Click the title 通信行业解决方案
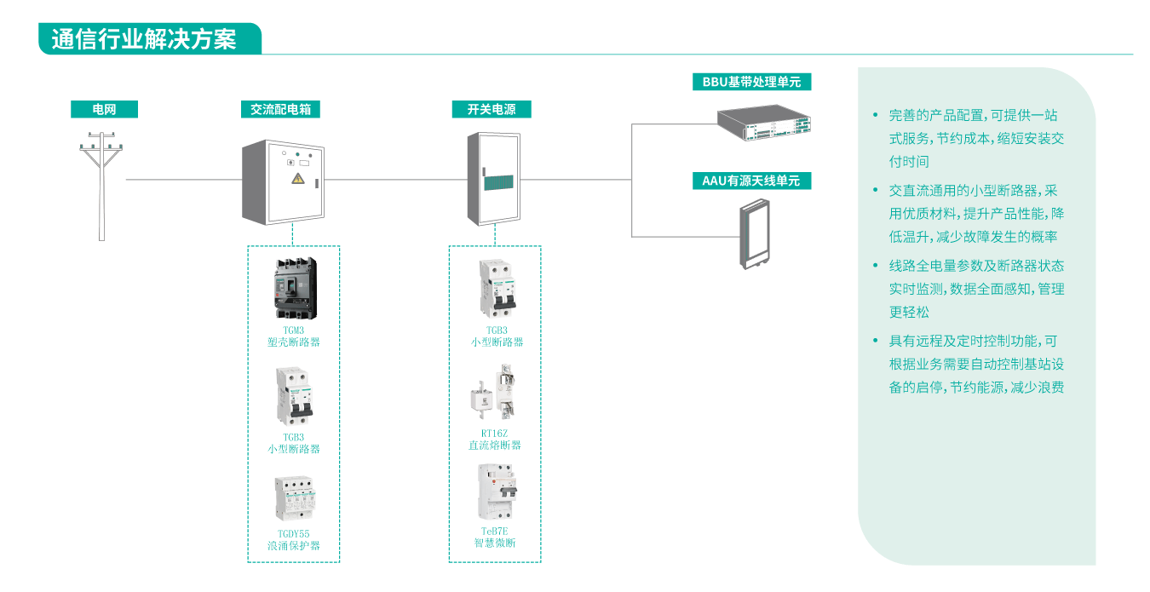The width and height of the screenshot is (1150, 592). (x=144, y=39)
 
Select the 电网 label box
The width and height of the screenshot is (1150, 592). (x=104, y=109)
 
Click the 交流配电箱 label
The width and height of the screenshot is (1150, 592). (x=280, y=109)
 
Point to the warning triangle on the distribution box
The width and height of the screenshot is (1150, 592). (x=297, y=177)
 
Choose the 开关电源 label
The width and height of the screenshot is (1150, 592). (x=491, y=109)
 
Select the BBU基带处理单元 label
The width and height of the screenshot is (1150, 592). (x=751, y=82)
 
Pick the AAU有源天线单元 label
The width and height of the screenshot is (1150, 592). (x=751, y=181)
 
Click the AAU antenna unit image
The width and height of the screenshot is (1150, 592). (x=753, y=233)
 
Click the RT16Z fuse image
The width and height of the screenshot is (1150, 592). (x=495, y=394)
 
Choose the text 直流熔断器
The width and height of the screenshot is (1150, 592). (x=495, y=445)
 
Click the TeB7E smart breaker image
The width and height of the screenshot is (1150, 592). (x=495, y=491)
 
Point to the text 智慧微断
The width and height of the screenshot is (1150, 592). (x=495, y=543)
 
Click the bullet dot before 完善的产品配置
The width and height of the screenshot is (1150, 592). (x=874, y=115)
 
